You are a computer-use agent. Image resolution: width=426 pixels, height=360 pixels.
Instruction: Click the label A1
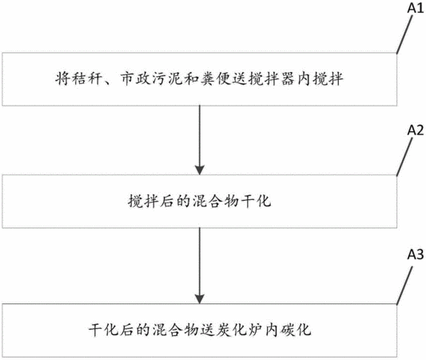point(416,8)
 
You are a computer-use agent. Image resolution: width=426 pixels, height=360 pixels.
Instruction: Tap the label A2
point(416,130)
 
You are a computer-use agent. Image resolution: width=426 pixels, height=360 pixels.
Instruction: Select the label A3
point(416,254)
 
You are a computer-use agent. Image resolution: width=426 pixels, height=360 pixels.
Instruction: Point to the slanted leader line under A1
point(404,34)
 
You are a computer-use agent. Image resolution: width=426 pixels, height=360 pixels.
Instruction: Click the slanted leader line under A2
point(404,157)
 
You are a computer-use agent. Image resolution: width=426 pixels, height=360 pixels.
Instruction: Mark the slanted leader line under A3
point(404,286)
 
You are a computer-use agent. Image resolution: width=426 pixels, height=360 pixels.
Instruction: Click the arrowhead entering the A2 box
point(200,170)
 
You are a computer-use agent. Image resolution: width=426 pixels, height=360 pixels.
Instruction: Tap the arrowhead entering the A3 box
point(200,299)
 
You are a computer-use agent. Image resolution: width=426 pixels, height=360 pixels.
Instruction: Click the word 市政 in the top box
point(135,79)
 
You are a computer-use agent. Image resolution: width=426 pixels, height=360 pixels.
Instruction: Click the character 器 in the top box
point(288,79)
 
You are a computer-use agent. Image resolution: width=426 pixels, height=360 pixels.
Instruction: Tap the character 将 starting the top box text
point(63,79)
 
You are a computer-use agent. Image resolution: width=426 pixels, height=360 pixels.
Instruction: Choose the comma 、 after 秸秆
point(107,82)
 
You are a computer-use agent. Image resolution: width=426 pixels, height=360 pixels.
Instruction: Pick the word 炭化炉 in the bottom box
point(240,330)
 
